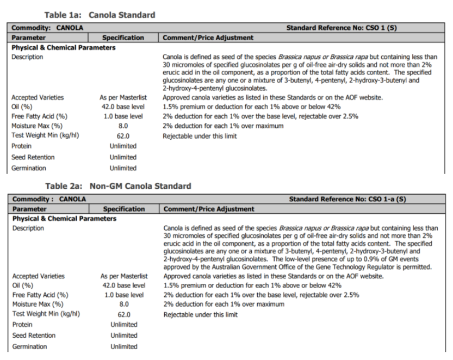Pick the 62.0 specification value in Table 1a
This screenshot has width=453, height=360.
coord(123,136)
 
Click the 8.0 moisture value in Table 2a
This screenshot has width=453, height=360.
coord(123,304)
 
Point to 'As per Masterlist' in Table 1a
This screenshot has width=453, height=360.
coord(123,97)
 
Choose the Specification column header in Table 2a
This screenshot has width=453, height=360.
coord(123,209)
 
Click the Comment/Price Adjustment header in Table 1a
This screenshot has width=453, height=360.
coord(208,38)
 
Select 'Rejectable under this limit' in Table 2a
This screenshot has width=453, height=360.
coord(200,314)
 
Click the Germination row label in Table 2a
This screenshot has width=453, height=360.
coord(29,346)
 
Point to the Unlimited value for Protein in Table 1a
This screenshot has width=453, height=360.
coord(123,146)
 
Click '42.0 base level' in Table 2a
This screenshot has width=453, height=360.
coord(123,285)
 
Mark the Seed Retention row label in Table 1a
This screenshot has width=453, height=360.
coord(33,157)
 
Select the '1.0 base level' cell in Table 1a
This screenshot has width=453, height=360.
coord(123,116)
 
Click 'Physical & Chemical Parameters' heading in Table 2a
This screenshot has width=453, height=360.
coord(64,219)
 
